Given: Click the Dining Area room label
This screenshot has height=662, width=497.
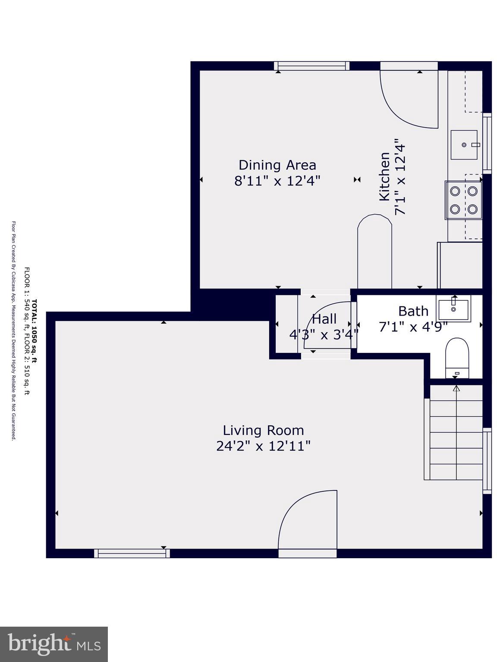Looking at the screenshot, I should pyautogui.click(x=277, y=165).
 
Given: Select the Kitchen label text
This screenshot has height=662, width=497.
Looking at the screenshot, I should pyautogui.click(x=384, y=176).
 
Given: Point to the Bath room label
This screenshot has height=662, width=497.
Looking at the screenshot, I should pyautogui.click(x=413, y=311).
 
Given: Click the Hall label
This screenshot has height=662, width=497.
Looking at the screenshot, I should pyautogui.click(x=324, y=319).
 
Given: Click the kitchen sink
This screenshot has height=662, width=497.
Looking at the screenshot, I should pyautogui.click(x=464, y=145).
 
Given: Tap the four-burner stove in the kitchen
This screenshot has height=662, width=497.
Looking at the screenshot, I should pyautogui.click(x=463, y=200).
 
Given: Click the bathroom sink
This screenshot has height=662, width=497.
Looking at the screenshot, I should pyautogui.click(x=454, y=308).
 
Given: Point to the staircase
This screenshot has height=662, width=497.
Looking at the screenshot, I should pyautogui.click(x=456, y=433).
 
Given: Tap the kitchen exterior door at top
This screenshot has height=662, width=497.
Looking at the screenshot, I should pyautogui.click(x=409, y=97).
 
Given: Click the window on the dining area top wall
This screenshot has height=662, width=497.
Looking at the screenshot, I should pyautogui.click(x=311, y=66).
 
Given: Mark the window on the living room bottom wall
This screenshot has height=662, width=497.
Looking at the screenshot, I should pyautogui.click(x=132, y=553).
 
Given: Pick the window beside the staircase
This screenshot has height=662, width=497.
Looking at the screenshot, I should pyautogui.click(x=487, y=460).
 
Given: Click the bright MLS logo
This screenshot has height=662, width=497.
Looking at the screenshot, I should pyautogui.click(x=54, y=644).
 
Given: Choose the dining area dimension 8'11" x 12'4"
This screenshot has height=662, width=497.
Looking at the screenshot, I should pyautogui.click(x=277, y=181).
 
